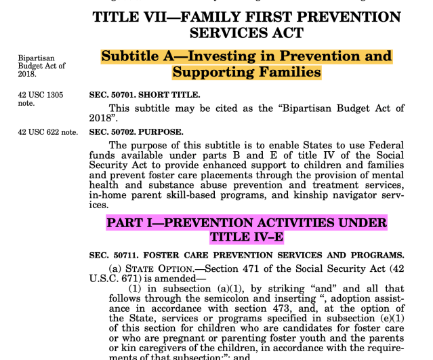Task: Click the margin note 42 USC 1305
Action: coord(41,95)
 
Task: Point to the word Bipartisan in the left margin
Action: coord(36,58)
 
